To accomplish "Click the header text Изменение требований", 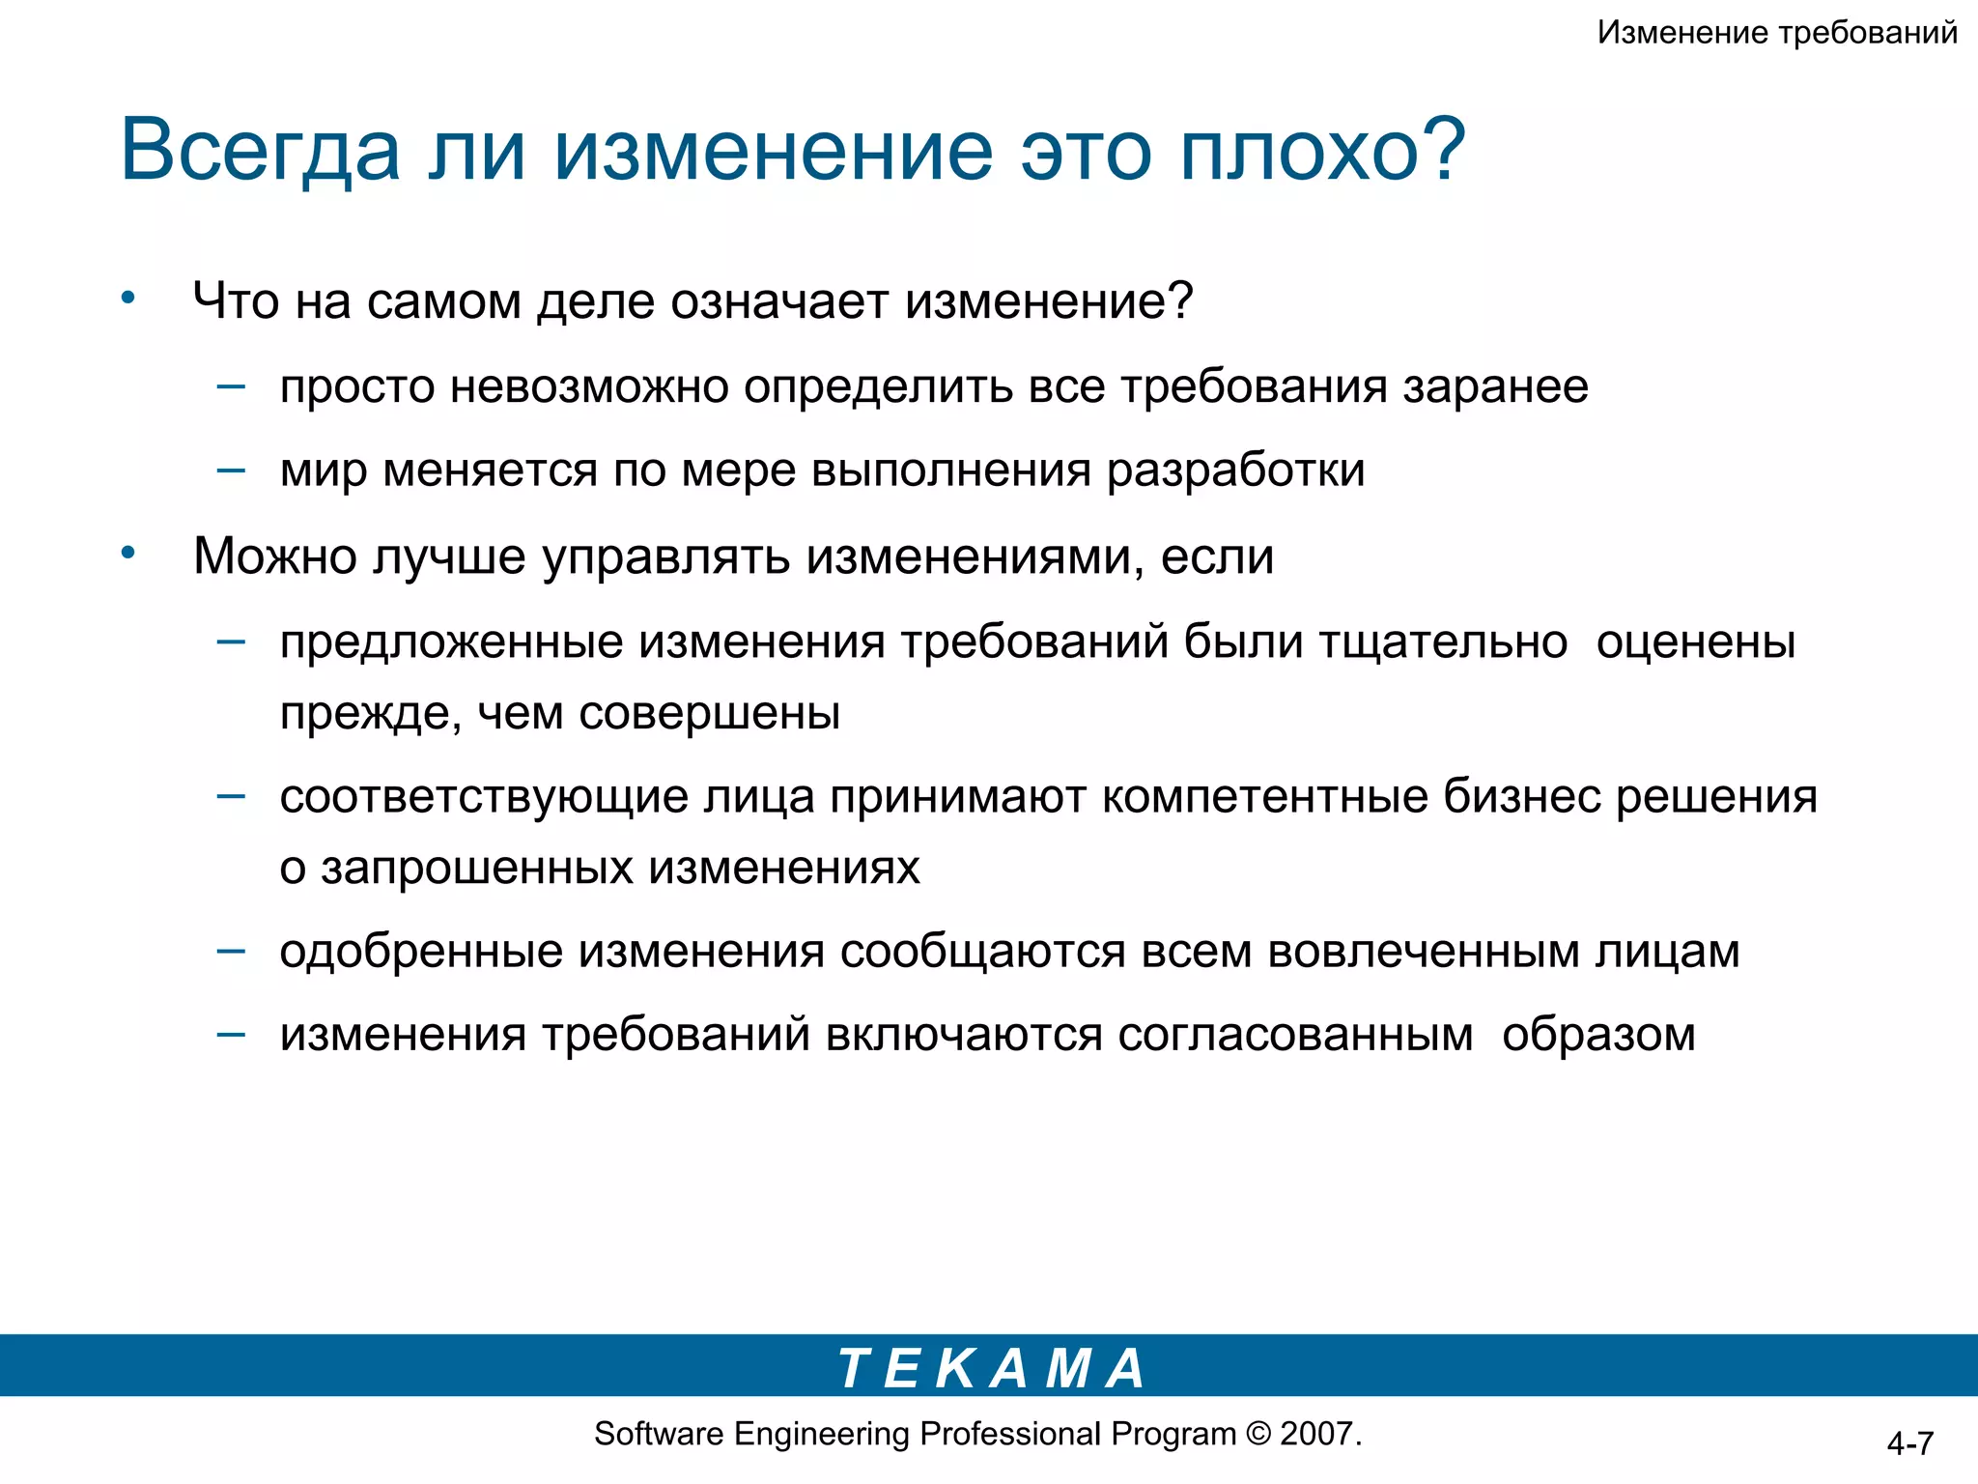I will tap(1776, 33).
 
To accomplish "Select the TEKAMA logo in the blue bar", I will tap(991, 1368).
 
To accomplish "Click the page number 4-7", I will tap(1909, 1443).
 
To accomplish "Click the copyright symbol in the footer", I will tap(1258, 1434).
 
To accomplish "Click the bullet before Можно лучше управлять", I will tap(128, 553).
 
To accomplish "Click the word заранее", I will tap(1495, 386).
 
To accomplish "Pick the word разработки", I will tap(1235, 471).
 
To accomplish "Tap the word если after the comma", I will tap(1217, 556).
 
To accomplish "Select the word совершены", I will tap(709, 713).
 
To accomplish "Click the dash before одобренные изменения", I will tap(231, 950).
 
